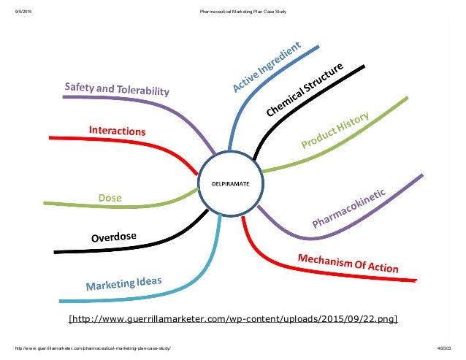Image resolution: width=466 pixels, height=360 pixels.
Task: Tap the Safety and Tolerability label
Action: tap(117, 90)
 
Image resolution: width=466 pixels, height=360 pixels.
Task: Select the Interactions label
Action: tap(117, 131)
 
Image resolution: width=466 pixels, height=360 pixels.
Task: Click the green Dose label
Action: tap(110, 198)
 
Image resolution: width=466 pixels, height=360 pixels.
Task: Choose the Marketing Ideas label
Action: tap(123, 283)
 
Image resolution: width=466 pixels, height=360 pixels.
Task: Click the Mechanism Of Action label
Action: tap(348, 263)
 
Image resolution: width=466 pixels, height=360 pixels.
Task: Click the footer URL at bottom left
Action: tap(91, 348)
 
